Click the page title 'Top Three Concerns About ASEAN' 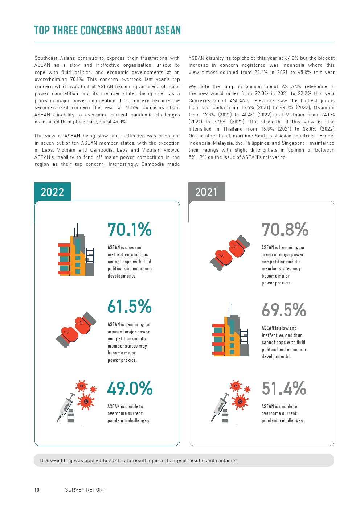107,30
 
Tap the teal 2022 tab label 52,192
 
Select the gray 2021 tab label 206,192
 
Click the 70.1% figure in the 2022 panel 130,230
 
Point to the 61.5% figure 130,307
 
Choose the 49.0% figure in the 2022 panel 130,389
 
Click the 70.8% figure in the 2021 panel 285,230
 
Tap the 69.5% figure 284,310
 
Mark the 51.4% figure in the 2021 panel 284,389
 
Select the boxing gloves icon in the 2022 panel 76,330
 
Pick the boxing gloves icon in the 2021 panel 230,253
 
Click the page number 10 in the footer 37,490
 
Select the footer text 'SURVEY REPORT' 85,490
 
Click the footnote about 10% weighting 138,460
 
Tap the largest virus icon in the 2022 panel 86,401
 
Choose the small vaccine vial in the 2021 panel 225,416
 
